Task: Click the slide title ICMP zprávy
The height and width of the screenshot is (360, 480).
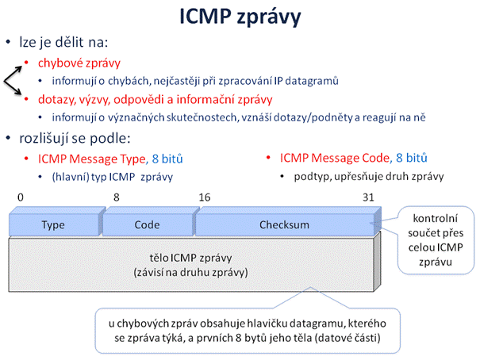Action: click(240, 17)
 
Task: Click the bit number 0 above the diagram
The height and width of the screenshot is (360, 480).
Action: click(21, 197)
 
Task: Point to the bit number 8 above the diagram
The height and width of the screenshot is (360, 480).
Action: click(117, 197)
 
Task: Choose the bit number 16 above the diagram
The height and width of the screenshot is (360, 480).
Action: click(205, 197)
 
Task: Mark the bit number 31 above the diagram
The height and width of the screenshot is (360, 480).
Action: click(368, 197)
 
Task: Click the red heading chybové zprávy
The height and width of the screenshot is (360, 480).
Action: click(79, 63)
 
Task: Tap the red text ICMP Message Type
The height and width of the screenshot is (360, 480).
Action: click(91, 159)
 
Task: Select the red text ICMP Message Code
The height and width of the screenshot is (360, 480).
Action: click(335, 158)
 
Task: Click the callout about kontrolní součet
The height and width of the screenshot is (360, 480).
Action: click(436, 240)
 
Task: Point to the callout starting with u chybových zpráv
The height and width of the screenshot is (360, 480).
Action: click(248, 331)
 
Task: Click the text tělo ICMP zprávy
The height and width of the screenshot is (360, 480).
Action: click(190, 258)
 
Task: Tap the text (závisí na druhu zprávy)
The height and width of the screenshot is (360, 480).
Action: click(190, 272)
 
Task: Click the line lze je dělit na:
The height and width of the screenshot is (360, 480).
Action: click(63, 42)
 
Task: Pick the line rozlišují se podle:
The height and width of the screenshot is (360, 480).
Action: click(75, 139)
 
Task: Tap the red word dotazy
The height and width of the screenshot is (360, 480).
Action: click(57, 100)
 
